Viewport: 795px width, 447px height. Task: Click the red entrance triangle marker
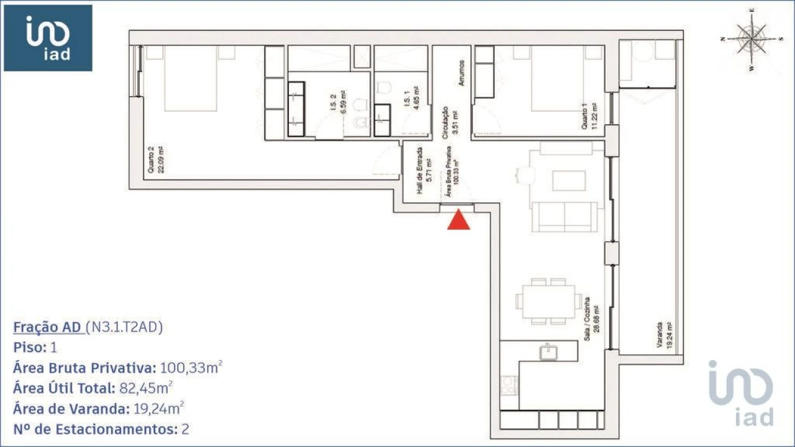pyautogui.click(x=458, y=220)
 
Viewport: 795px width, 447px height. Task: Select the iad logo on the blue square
pyautogui.click(x=48, y=38)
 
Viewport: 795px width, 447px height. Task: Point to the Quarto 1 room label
pyautogui.click(x=589, y=116)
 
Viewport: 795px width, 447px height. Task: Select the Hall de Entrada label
pyautogui.click(x=424, y=171)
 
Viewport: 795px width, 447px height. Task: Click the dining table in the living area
pyautogui.click(x=548, y=301)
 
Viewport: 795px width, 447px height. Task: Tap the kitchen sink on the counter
pyautogui.click(x=548, y=353)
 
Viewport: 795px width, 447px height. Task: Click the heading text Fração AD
pyautogui.click(x=48, y=327)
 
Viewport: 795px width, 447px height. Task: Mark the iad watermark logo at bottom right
pyautogui.click(x=742, y=394)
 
